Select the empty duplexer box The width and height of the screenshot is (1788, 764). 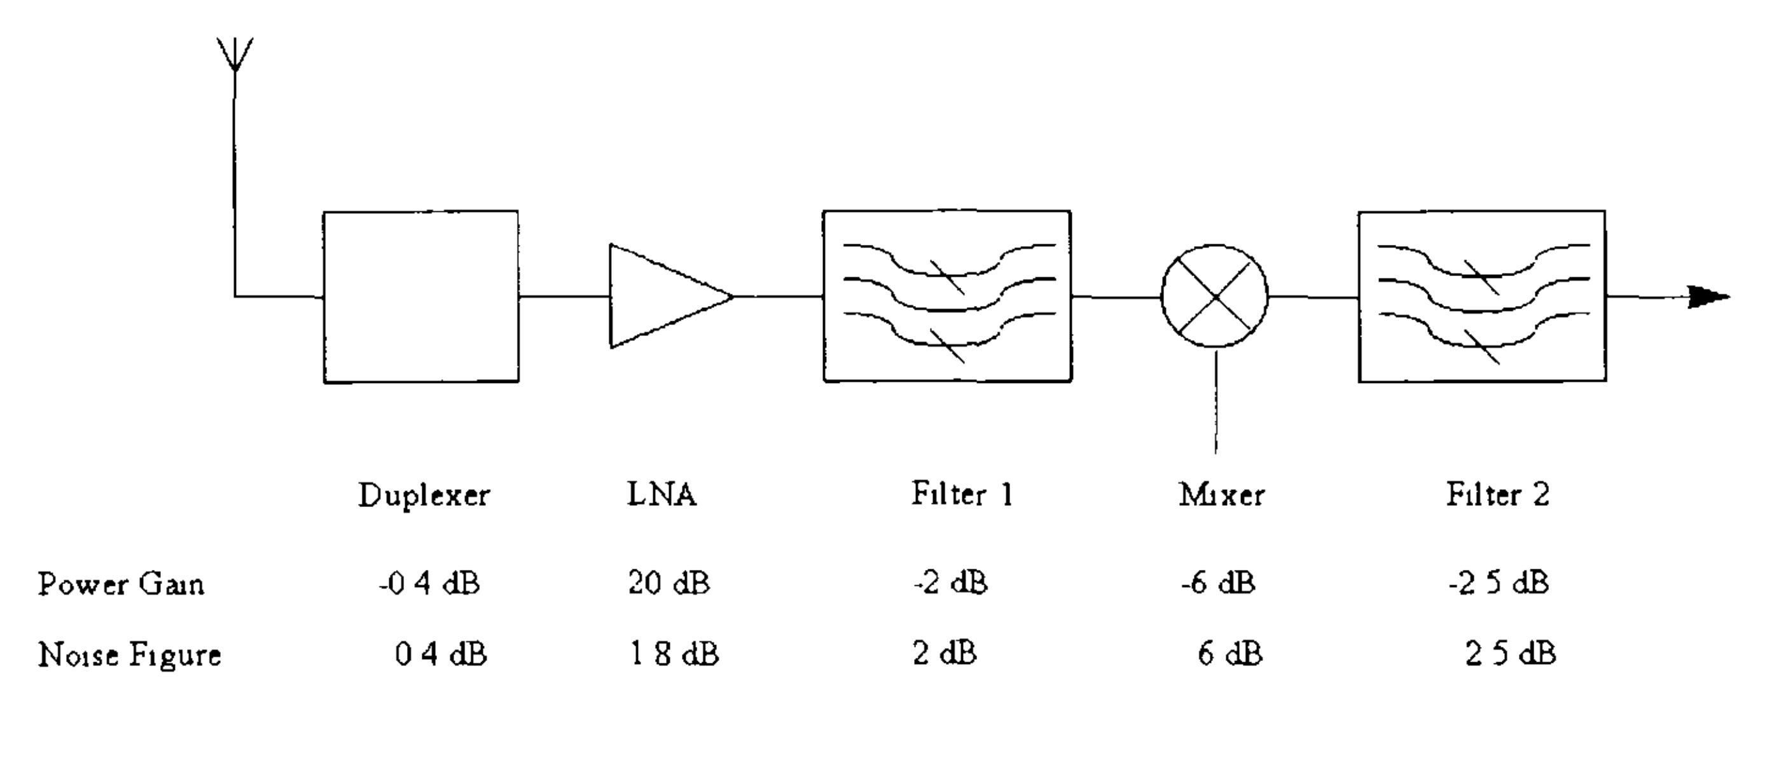420,296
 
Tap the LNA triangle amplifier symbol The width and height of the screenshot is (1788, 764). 663,296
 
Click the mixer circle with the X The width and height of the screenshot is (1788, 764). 1215,296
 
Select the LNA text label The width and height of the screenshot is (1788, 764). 662,495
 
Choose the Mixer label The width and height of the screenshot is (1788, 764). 1222,496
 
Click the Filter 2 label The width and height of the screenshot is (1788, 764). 1498,495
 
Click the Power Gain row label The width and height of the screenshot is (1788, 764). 121,584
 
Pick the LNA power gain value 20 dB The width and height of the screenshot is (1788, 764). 669,583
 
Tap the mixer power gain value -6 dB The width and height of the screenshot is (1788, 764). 1218,583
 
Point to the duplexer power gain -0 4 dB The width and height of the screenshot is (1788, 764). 429,583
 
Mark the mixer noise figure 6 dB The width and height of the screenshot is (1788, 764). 1230,655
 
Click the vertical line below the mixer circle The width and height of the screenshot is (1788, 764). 1216,403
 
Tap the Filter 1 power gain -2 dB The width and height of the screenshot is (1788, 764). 950,583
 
